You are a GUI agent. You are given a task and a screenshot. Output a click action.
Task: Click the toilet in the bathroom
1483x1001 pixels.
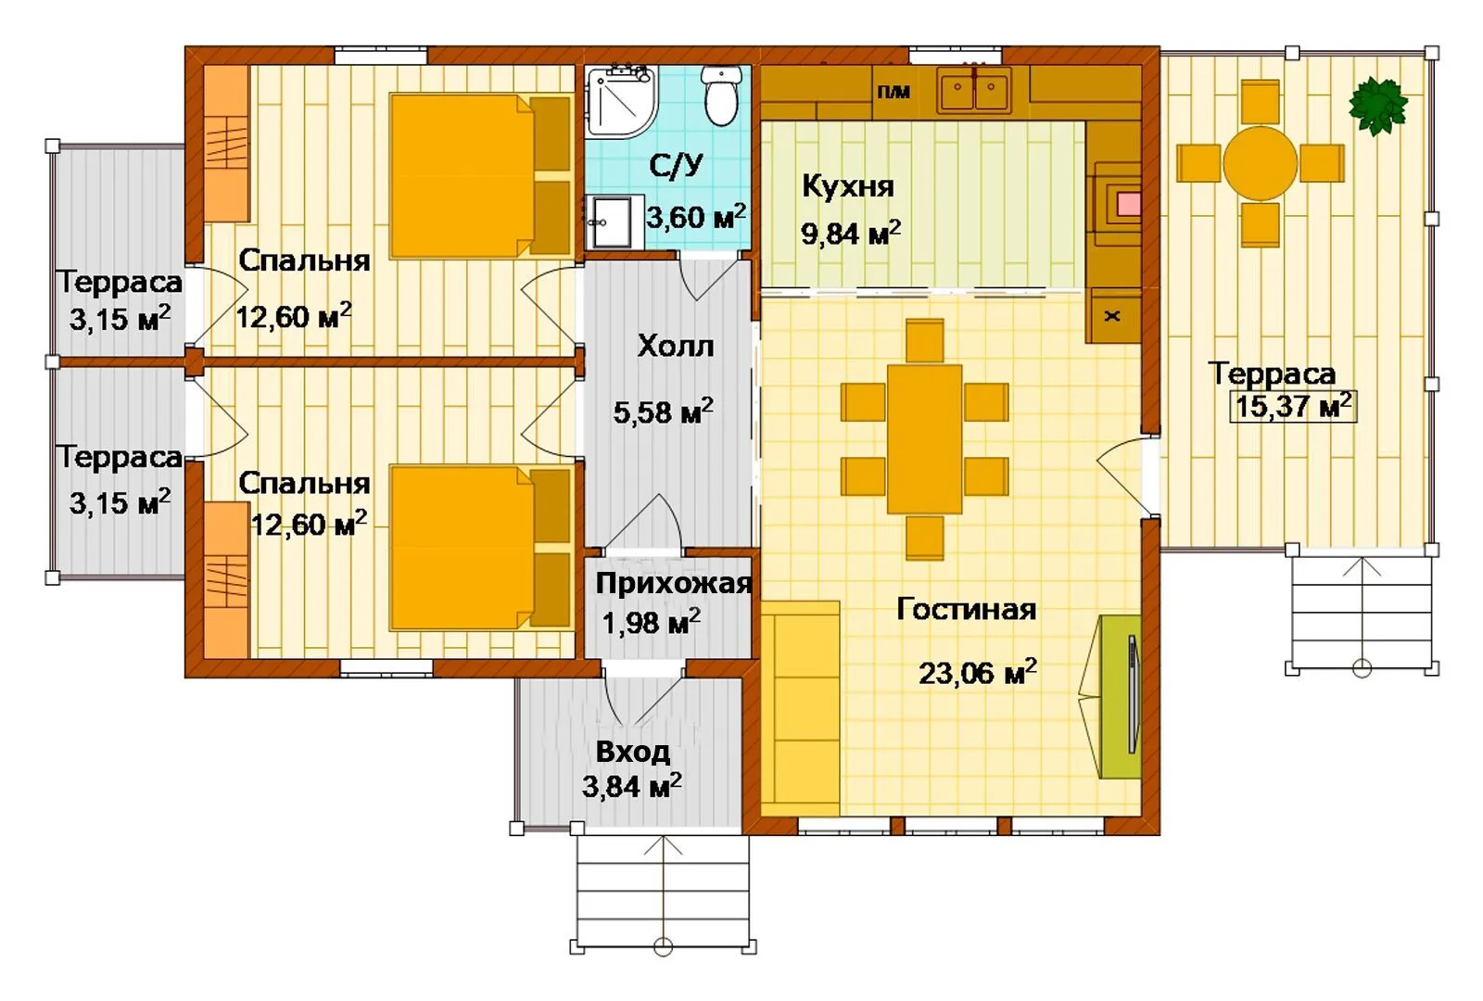[721, 95]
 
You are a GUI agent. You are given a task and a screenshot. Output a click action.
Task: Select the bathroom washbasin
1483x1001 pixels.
[615, 222]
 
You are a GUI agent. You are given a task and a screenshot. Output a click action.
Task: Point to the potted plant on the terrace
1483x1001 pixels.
[1377, 106]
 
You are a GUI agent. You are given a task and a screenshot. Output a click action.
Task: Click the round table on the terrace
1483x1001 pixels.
[1260, 163]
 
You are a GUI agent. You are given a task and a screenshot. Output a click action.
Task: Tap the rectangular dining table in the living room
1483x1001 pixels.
[924, 439]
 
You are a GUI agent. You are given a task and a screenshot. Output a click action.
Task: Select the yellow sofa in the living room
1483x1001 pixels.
[800, 708]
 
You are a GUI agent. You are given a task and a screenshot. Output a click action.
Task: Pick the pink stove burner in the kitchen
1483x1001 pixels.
[1129, 204]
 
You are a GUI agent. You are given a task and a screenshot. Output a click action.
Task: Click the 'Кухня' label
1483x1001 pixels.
[848, 186]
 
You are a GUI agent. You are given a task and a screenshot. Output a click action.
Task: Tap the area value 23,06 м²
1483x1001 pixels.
[978, 673]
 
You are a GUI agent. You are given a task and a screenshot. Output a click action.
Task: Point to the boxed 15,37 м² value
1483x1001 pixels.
[1293, 406]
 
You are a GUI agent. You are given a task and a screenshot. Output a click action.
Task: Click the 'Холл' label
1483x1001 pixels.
[676, 346]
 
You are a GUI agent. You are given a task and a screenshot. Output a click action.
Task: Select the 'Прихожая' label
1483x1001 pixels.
[673, 583]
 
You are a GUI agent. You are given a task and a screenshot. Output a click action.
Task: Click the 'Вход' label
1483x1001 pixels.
[633, 752]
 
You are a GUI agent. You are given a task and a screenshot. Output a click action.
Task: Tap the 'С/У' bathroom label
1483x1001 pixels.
[676, 165]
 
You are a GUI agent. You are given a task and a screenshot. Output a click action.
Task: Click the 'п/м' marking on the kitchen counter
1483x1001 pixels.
[894, 92]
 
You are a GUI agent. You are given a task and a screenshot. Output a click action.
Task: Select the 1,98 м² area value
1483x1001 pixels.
[651, 622]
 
